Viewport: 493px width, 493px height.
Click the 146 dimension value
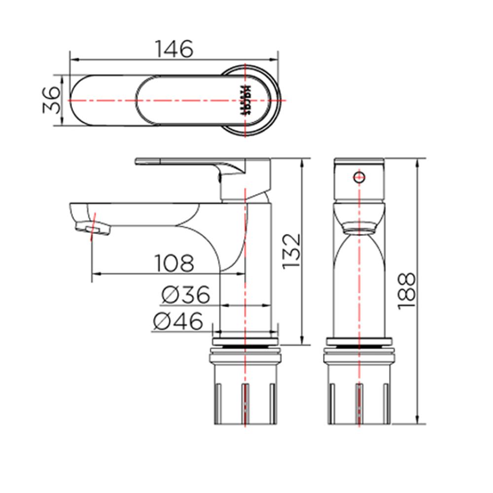click(174, 49)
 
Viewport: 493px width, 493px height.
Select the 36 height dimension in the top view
click(51, 100)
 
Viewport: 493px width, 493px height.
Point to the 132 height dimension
click(291, 251)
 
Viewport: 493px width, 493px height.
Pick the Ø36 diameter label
click(185, 295)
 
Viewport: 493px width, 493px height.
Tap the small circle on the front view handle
click(359, 176)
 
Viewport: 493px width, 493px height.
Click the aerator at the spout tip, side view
click(93, 228)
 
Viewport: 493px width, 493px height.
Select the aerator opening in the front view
click(359, 230)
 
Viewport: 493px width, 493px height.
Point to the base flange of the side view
click(245, 340)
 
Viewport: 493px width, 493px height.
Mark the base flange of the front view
click(359, 340)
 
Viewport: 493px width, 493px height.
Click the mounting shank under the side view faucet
click(245, 389)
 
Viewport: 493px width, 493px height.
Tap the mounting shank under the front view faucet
click(359, 389)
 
